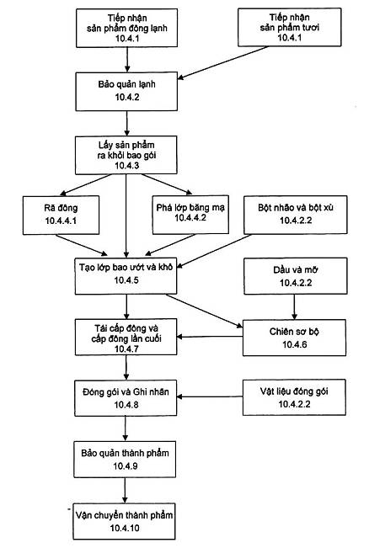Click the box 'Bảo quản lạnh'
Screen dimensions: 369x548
pos(126,92)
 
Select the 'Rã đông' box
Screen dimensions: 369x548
pos(61,215)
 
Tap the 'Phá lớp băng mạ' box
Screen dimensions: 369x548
pos(190,215)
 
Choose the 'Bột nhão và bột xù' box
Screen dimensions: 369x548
pos(296,215)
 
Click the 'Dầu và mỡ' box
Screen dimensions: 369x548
pos(296,276)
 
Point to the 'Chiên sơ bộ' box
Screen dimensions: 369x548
pos(295,338)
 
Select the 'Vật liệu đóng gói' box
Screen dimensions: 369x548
pos(294,397)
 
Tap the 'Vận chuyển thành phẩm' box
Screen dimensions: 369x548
pos(124,521)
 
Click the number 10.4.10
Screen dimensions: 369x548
pos(125,528)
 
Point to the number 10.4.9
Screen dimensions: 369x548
pos(126,466)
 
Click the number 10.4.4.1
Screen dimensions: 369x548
pos(61,221)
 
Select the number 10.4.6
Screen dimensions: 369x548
pos(295,344)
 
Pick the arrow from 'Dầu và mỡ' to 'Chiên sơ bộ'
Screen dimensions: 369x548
pos(294,307)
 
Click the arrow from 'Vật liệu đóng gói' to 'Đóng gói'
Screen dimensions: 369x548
pos(210,396)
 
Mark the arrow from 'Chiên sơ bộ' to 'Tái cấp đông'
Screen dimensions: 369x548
pos(210,337)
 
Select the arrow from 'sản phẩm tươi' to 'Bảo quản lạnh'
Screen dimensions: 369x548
pos(222,62)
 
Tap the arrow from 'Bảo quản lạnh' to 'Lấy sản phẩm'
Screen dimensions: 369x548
pos(126,124)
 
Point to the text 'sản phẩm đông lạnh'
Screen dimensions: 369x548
pos(127,28)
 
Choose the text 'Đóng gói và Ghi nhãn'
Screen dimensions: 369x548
pos(126,391)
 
